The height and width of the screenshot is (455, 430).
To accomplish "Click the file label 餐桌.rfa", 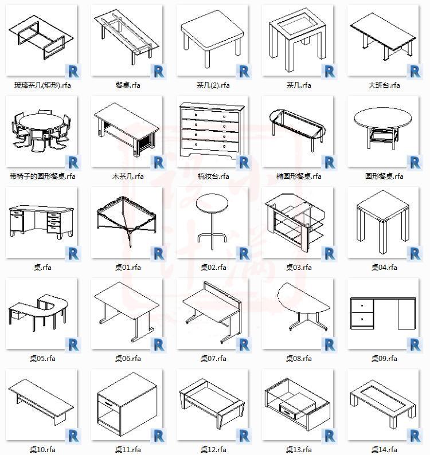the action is [x=128, y=85].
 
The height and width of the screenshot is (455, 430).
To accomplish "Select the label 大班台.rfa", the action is [x=384, y=85].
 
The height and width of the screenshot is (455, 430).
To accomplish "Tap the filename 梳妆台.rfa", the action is [x=213, y=176].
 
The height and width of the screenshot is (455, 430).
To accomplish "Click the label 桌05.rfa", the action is [x=42, y=359].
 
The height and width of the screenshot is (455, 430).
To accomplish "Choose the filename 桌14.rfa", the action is [x=384, y=450].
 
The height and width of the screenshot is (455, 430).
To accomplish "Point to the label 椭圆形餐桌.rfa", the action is [x=299, y=176].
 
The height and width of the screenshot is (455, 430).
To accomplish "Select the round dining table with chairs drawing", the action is [x=40, y=131].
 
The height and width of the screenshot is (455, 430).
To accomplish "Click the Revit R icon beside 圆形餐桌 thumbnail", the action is [x=415, y=162].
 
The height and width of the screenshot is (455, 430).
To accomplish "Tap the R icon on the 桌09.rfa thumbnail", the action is [x=415, y=344].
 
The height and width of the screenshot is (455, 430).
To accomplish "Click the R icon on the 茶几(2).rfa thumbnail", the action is [x=244, y=71].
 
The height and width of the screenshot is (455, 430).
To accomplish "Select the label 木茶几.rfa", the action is [x=128, y=176].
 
